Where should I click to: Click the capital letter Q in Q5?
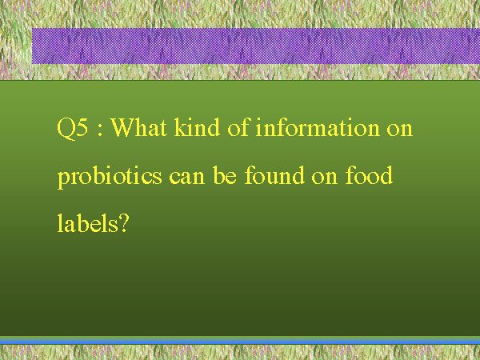tap(66, 128)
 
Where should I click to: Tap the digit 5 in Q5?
tap(82, 127)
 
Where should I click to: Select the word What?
tap(138, 126)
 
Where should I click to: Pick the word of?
tap(238, 126)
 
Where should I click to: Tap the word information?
tap(317, 126)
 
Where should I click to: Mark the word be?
tap(225, 175)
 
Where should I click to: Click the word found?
tap(274, 175)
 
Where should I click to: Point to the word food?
tap(369, 175)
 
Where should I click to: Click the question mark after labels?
tap(123, 223)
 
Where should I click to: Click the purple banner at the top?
tap(256, 46)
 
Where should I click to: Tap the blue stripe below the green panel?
tap(240, 341)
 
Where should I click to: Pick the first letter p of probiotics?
tap(63, 181)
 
